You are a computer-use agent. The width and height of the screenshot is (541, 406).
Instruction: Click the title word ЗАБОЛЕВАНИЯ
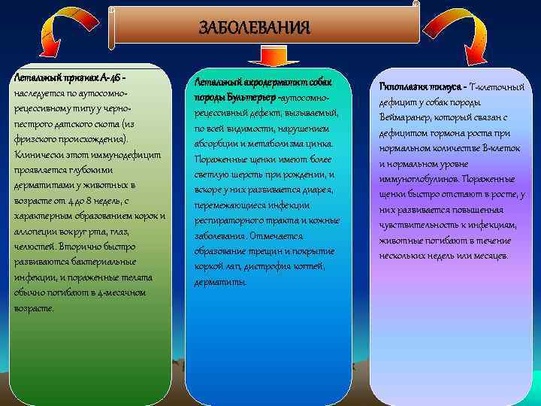253,29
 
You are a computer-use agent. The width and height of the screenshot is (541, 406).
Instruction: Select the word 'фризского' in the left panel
37,139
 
